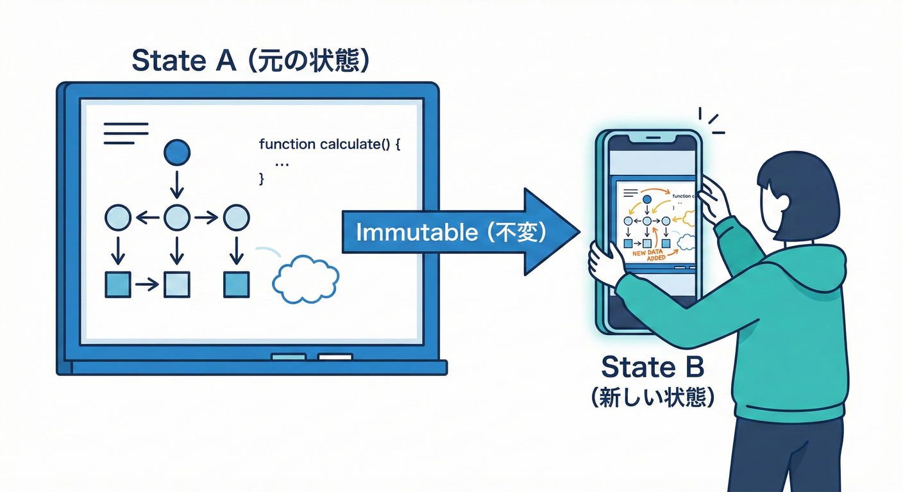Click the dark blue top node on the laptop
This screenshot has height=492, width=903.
coord(177,152)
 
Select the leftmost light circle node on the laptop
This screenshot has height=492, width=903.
coord(117,218)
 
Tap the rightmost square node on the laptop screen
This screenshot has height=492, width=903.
coord(236,284)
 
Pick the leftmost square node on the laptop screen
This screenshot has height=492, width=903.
coord(117,284)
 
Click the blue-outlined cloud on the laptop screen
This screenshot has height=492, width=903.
coord(305,279)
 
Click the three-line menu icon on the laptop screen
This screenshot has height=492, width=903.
coord(126,133)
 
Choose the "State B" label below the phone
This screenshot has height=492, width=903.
coord(653,367)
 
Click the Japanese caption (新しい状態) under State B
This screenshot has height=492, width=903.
coord(653,398)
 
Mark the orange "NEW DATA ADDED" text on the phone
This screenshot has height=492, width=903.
coord(649,255)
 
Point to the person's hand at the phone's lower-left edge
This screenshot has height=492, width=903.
coord(604,263)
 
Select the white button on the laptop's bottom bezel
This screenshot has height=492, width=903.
coord(335,357)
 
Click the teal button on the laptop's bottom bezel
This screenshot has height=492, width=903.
coord(289,357)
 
